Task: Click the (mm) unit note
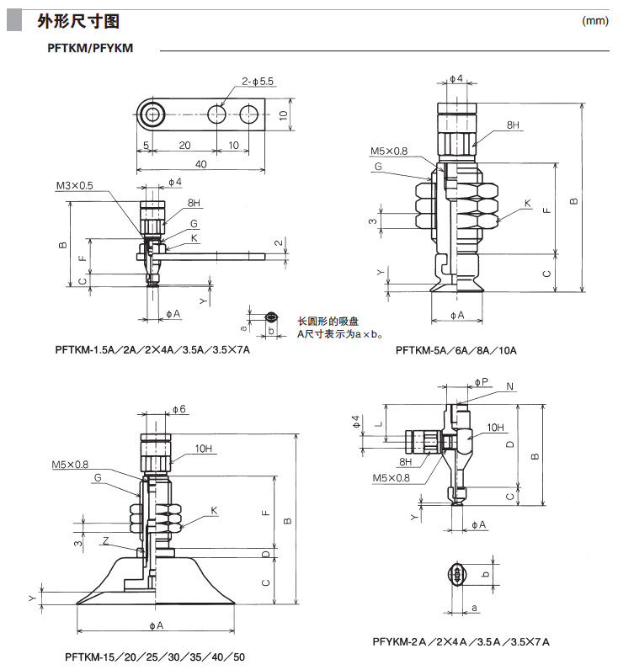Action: (594, 21)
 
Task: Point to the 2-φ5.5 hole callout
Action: (258, 82)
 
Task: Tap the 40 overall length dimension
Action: (200, 164)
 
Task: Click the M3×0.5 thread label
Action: (75, 185)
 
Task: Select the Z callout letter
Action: (104, 540)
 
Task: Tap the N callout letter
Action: (511, 386)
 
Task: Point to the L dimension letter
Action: (381, 426)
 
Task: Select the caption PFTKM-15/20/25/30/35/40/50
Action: (155, 656)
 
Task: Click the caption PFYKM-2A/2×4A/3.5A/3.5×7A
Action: (461, 641)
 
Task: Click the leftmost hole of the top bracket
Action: (152, 114)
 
